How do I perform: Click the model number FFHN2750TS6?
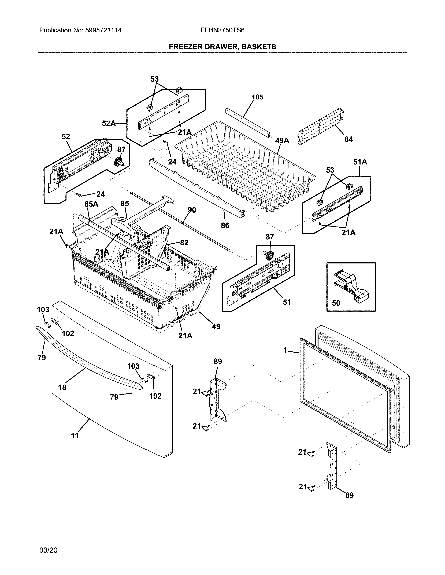click(x=222, y=30)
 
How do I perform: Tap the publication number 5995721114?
click(x=103, y=30)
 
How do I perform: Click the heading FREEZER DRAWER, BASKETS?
click(x=222, y=47)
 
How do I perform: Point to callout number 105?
click(x=257, y=97)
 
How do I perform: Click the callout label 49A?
click(x=282, y=141)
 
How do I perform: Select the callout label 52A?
click(x=109, y=123)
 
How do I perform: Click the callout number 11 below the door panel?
click(x=75, y=436)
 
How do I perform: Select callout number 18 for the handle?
click(x=62, y=387)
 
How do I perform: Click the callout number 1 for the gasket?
click(x=285, y=350)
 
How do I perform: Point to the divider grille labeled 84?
click(x=320, y=126)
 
